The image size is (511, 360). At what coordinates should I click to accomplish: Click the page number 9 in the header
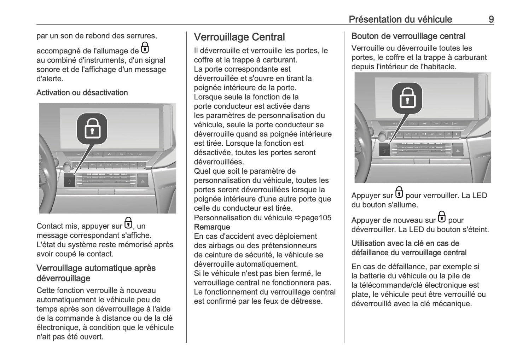coord(491,19)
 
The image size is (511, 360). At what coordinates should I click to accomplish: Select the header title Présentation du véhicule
coord(400,19)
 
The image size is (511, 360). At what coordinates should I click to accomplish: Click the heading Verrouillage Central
coord(239,37)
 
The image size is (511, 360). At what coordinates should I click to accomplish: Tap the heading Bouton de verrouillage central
coord(408,36)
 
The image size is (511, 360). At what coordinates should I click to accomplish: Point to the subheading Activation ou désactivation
coord(82,93)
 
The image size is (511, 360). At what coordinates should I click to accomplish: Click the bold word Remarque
coord(212,227)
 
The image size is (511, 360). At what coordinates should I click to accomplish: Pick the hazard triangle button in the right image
coord(458,150)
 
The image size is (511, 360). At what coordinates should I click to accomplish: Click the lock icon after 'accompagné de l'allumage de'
coord(145,48)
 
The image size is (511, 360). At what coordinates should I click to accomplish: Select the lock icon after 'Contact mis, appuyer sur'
coord(128,223)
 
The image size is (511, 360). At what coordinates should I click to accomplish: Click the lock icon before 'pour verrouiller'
coord(399,193)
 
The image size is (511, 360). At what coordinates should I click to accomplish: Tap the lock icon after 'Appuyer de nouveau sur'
coord(441,217)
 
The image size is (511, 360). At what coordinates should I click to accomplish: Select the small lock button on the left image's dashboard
coord(69,181)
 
